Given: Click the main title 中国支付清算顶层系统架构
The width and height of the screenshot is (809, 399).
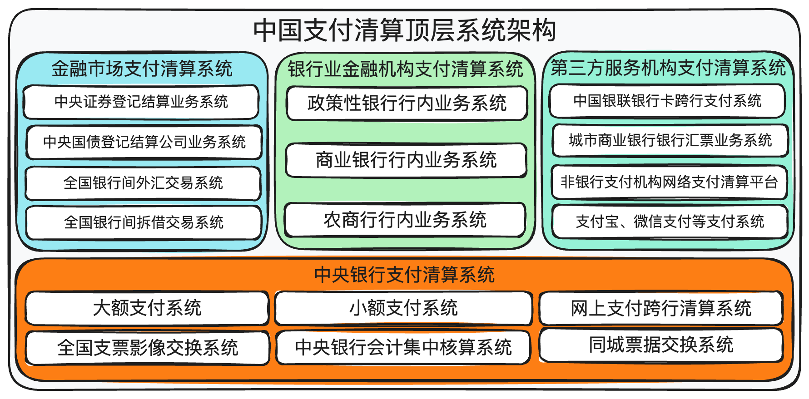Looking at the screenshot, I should pos(404,30).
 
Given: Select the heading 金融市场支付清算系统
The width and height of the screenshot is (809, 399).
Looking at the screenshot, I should pos(142,69).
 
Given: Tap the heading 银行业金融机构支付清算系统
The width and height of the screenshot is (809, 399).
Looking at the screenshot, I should pos(405,69).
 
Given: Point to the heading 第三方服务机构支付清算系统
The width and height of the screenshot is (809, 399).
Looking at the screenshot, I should pos(668,68).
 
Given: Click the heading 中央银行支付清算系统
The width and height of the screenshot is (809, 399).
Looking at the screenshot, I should pos(404,275).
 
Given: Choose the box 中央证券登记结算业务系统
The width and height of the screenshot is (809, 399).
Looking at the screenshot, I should pos(141,102).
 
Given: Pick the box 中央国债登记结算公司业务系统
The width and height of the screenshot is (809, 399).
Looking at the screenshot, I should pos(144,142).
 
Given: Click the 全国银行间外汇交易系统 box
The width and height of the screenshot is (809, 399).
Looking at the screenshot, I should pos(143,183).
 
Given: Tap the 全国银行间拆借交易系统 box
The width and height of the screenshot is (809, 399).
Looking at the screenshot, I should pos(144,222).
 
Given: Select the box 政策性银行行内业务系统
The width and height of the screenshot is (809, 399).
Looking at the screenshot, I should pos(407,103).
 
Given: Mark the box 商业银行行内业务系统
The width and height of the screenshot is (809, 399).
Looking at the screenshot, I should pos(406,160).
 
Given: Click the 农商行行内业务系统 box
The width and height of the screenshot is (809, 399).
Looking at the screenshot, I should pos(405,220).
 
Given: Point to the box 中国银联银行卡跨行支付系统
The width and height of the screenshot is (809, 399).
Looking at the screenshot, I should pos(667,101).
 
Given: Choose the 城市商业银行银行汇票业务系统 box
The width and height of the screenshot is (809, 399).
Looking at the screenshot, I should pos(670,140).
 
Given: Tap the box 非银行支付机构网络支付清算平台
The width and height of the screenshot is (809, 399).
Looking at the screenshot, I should pos(669,182).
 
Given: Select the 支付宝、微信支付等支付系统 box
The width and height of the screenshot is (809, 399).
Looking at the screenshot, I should pos(670,222).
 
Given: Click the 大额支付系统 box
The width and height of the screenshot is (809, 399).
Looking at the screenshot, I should pos(147,308).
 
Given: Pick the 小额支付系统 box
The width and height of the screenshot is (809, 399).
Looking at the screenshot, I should pos(403,308).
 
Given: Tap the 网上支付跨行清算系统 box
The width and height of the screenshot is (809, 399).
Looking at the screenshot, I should pos(661,308).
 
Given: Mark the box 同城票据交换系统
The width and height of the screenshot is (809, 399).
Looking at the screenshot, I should pos(661,345).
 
